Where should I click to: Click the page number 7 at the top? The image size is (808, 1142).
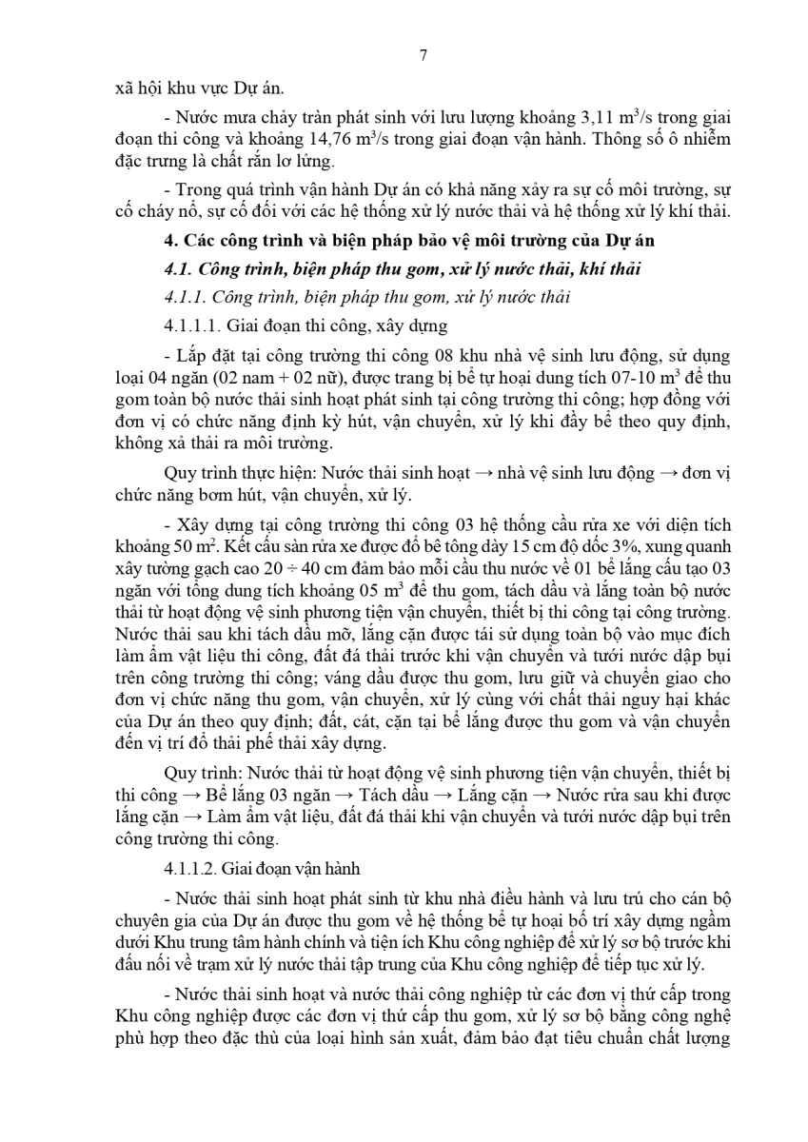(x=424, y=55)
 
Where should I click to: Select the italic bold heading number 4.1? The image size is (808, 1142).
(x=179, y=270)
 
